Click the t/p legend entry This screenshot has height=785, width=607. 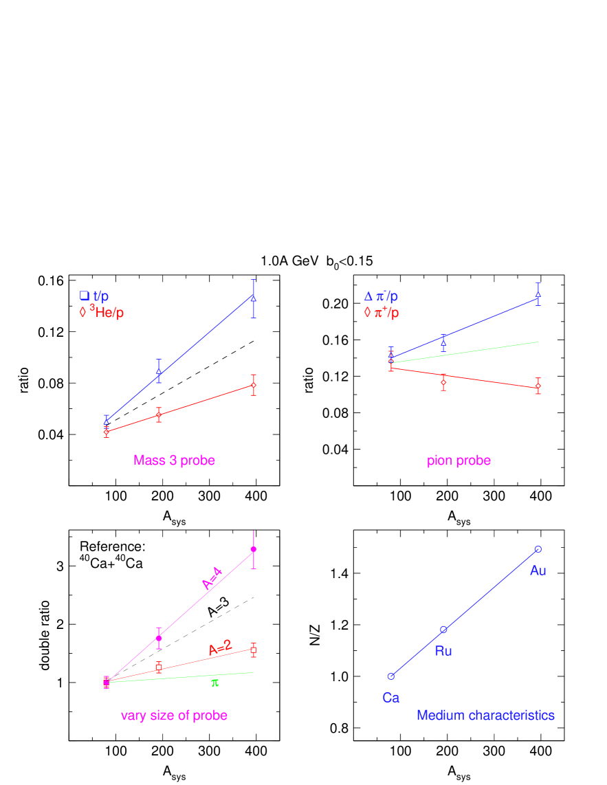point(94,296)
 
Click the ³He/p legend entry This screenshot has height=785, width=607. point(102,313)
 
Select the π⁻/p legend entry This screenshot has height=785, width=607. point(381,296)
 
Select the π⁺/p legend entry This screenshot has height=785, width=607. point(381,313)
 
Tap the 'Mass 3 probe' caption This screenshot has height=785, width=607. point(175,461)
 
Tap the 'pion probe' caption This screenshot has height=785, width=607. point(459,461)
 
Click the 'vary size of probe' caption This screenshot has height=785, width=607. point(174,716)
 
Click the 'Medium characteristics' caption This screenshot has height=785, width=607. point(485,716)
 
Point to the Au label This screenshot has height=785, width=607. point(538,571)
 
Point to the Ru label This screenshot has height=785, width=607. point(443,651)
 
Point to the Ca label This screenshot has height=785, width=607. point(390,698)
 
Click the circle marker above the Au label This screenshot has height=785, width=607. point(538,549)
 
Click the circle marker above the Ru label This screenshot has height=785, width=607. point(443,629)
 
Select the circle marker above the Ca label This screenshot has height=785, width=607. point(390,676)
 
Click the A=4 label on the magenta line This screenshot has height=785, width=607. point(212,578)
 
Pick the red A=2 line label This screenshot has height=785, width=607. point(220,648)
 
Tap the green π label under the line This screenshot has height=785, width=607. point(215,683)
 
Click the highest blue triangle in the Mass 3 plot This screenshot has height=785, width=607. point(254,298)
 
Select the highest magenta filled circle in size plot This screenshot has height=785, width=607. point(254,549)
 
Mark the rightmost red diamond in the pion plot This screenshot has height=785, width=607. point(538,386)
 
